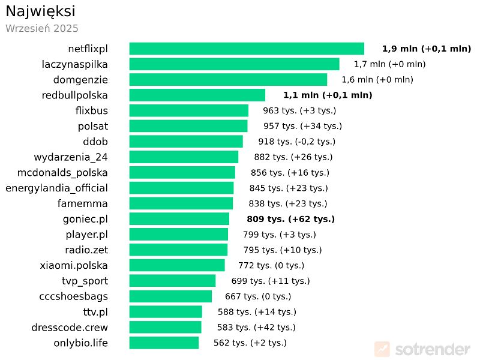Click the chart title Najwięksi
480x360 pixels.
click(x=40, y=11)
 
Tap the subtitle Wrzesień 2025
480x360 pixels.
click(x=42, y=28)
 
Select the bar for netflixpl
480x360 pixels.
click(x=247, y=49)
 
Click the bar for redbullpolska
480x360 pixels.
click(x=197, y=95)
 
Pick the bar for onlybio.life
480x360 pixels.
click(x=164, y=343)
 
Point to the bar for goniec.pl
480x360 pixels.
click(x=179, y=219)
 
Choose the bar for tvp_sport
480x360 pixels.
click(x=172, y=281)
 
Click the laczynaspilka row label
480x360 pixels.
click(x=75, y=64)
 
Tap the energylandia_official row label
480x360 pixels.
click(x=57, y=188)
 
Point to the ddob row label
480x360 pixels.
click(x=95, y=142)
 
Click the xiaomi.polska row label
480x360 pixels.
click(x=74, y=265)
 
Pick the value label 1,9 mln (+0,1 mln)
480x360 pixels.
click(x=426, y=49)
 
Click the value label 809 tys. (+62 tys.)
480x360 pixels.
click(x=290, y=219)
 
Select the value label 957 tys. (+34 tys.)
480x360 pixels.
click(x=302, y=126)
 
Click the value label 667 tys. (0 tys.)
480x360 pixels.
click(x=257, y=296)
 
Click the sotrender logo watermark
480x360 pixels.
click(x=422, y=349)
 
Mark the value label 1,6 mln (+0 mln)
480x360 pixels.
click(x=377, y=80)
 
